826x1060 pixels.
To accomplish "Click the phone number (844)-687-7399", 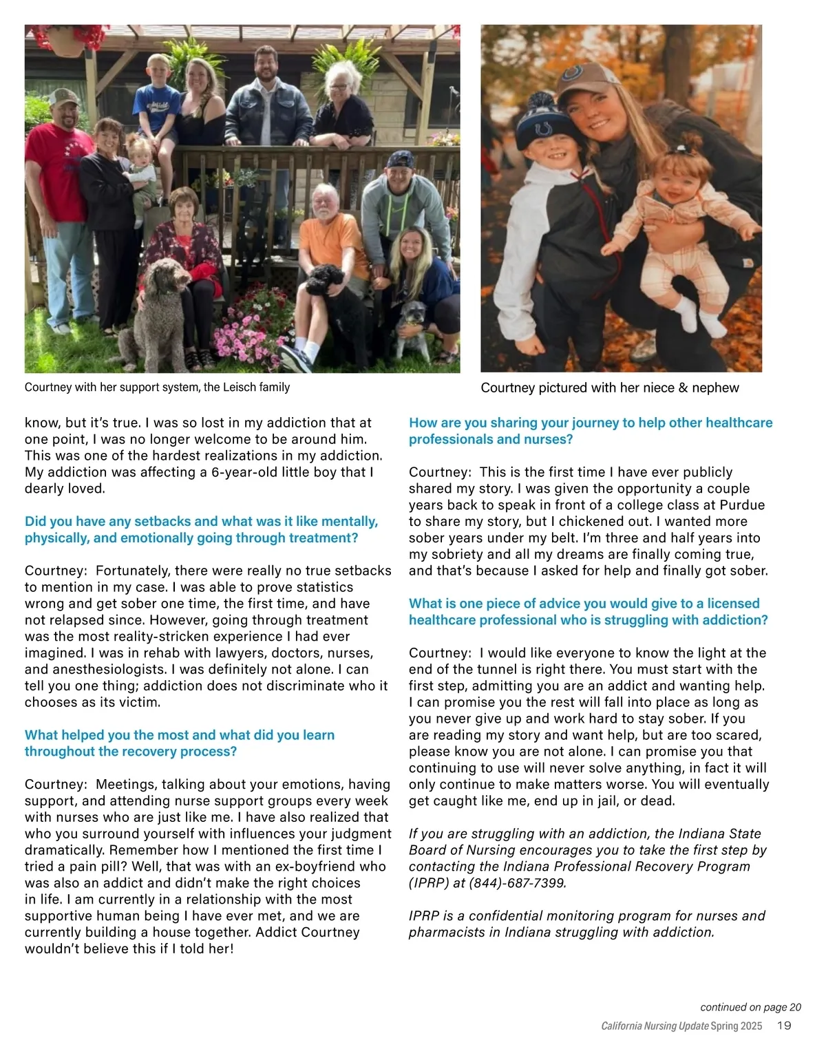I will [518, 883].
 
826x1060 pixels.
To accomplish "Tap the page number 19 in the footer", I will [784, 1026].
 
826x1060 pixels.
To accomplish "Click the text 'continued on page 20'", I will [750, 1007].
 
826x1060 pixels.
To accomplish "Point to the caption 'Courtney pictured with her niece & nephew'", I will [610, 388].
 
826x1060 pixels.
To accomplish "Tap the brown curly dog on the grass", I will [160, 310].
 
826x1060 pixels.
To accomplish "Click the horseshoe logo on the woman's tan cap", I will [571, 74].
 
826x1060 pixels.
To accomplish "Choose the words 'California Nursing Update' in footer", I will [655, 1026].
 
